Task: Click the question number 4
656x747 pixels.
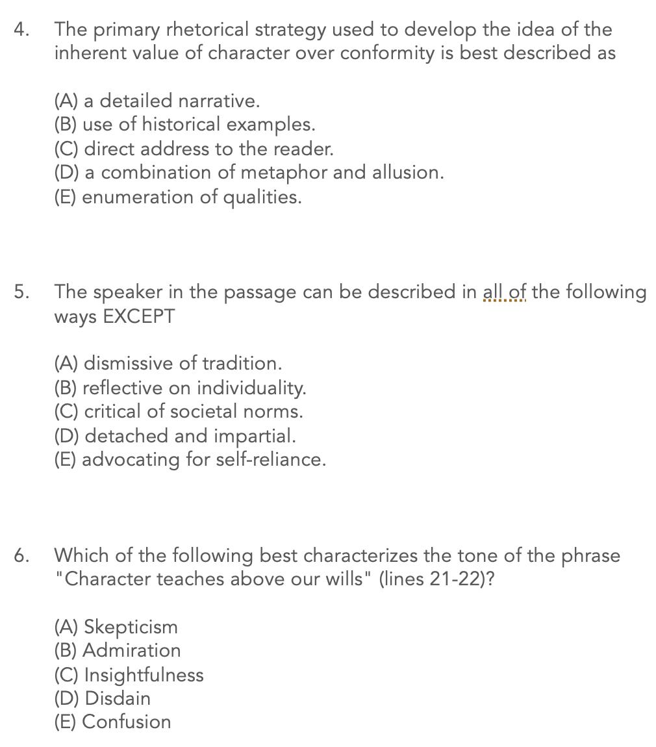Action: pyautogui.click(x=21, y=30)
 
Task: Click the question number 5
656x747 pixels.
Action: pyautogui.click(x=21, y=292)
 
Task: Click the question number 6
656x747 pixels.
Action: pyautogui.click(x=21, y=555)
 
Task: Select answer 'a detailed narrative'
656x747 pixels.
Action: pyautogui.click(x=157, y=101)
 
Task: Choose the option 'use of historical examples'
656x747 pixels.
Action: pyautogui.click(x=184, y=124)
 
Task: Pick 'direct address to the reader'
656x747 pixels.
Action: pyautogui.click(x=194, y=149)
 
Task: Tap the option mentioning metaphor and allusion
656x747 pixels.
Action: pyautogui.click(x=249, y=172)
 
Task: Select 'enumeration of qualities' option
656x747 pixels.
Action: pyautogui.click(x=178, y=197)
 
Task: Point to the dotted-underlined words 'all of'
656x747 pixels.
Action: pyautogui.click(x=504, y=292)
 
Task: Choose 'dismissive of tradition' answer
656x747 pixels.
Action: pyautogui.click(x=168, y=362)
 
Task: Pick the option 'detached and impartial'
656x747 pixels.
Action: pyautogui.click(x=175, y=435)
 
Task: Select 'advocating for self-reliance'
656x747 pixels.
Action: pyautogui.click(x=190, y=459)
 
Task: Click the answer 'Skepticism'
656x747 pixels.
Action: pyautogui.click(x=116, y=627)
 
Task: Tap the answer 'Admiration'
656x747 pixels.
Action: pyautogui.click(x=117, y=650)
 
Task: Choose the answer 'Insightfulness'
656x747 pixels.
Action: pyautogui.click(x=129, y=675)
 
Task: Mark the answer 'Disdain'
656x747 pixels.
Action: pyautogui.click(x=102, y=698)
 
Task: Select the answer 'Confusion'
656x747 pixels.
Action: pyautogui.click(x=112, y=722)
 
